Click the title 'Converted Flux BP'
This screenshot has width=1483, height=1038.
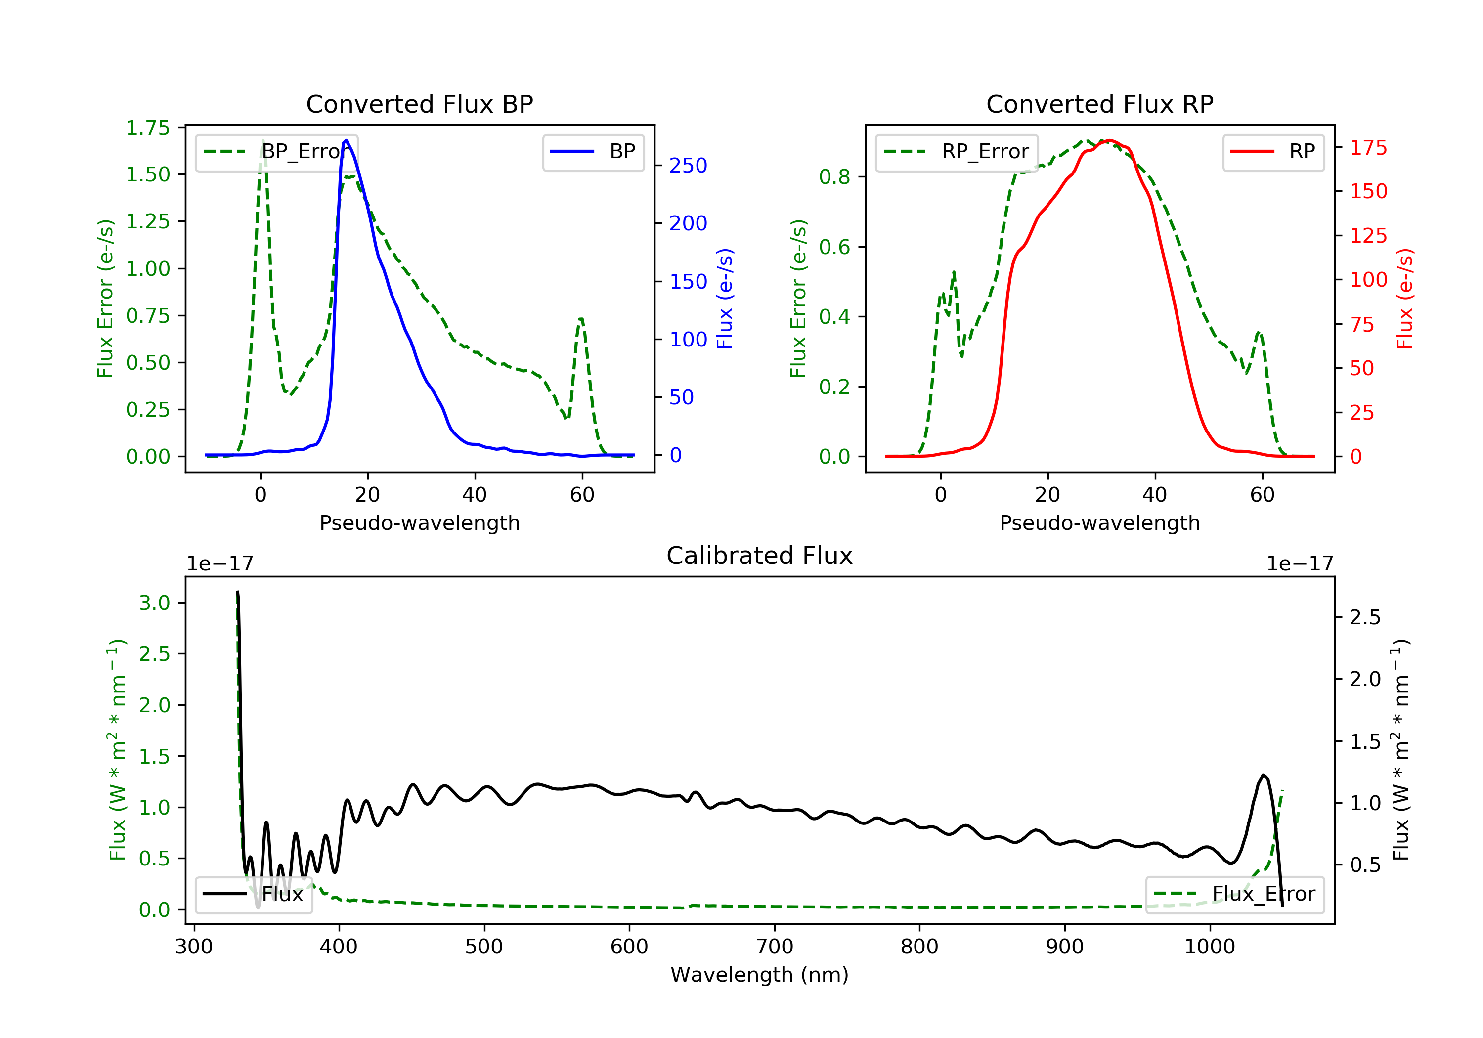(419, 104)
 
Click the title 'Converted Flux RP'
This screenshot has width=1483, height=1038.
(1099, 104)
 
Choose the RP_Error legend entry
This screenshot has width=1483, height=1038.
(957, 152)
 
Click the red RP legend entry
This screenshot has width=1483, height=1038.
(1273, 152)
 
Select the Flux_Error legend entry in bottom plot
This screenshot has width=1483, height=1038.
(1234, 894)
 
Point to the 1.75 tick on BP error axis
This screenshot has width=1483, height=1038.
(147, 128)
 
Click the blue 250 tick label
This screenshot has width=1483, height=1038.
(688, 166)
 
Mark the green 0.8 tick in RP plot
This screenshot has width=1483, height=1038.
(834, 177)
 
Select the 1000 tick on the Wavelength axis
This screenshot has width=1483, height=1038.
(1209, 947)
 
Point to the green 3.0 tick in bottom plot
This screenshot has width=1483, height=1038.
(154, 604)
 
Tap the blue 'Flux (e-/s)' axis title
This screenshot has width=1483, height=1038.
(725, 299)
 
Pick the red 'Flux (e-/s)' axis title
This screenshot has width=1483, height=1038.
(1405, 299)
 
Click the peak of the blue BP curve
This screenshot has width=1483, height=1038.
(346, 140)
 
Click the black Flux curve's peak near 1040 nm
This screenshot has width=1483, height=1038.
(1263, 775)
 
